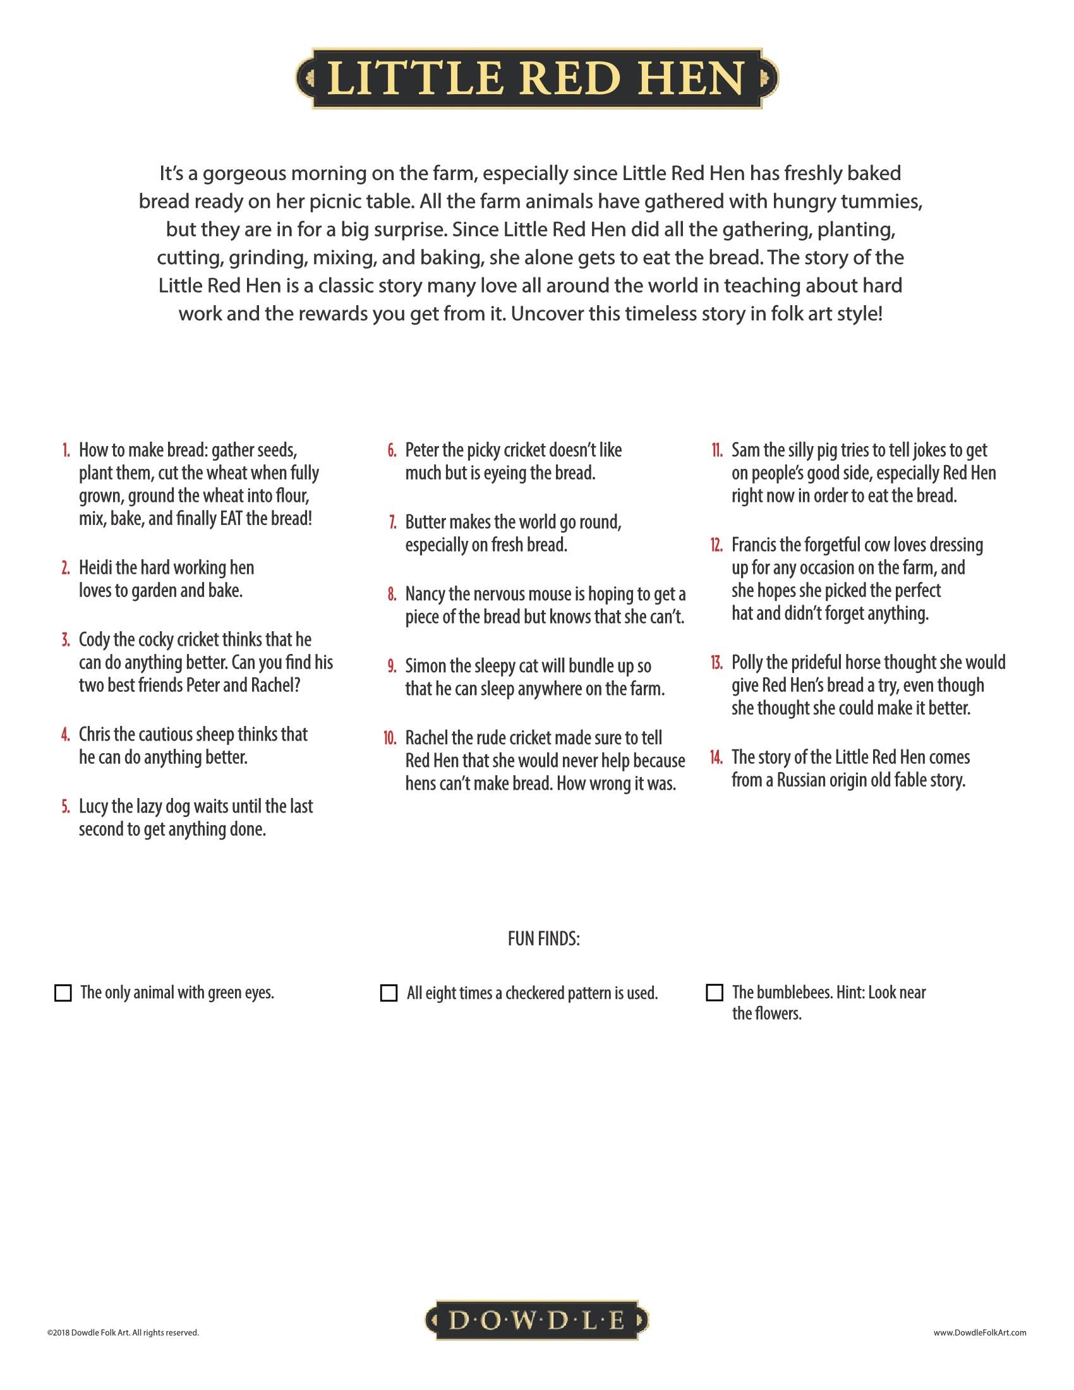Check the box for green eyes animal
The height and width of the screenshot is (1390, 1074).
[63, 993]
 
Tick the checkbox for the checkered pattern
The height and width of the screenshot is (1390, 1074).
[388, 993]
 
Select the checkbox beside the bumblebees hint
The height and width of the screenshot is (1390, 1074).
[715, 992]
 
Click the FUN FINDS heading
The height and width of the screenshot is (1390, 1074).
[543, 939]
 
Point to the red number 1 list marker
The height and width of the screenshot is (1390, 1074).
[66, 450]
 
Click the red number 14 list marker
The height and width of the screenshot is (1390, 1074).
[716, 758]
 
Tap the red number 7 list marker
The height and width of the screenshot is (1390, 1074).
[392, 523]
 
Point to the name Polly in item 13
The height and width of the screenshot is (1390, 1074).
[745, 663]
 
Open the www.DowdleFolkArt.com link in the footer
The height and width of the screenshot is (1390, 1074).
[980, 1332]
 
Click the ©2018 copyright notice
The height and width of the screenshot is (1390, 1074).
[123, 1332]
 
